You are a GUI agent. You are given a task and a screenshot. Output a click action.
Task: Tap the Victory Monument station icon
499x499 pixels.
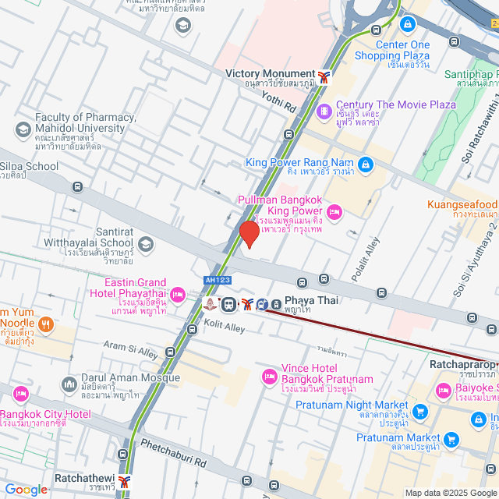324,76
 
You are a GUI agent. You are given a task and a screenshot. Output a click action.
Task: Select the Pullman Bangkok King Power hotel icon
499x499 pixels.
334,211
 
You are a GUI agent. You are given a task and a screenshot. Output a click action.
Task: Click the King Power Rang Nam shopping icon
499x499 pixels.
365,163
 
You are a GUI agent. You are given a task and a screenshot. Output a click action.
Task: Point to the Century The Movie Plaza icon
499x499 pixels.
324,113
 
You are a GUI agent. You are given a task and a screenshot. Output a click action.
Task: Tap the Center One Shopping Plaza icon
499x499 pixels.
406,25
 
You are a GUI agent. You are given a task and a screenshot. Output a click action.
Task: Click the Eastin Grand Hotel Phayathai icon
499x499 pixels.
177,294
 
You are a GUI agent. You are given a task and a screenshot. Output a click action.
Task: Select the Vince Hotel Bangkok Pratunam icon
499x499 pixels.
270,377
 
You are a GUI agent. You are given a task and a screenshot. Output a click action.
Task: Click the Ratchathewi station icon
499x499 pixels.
125,482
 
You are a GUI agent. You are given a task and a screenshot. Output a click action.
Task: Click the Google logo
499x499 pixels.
26,490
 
